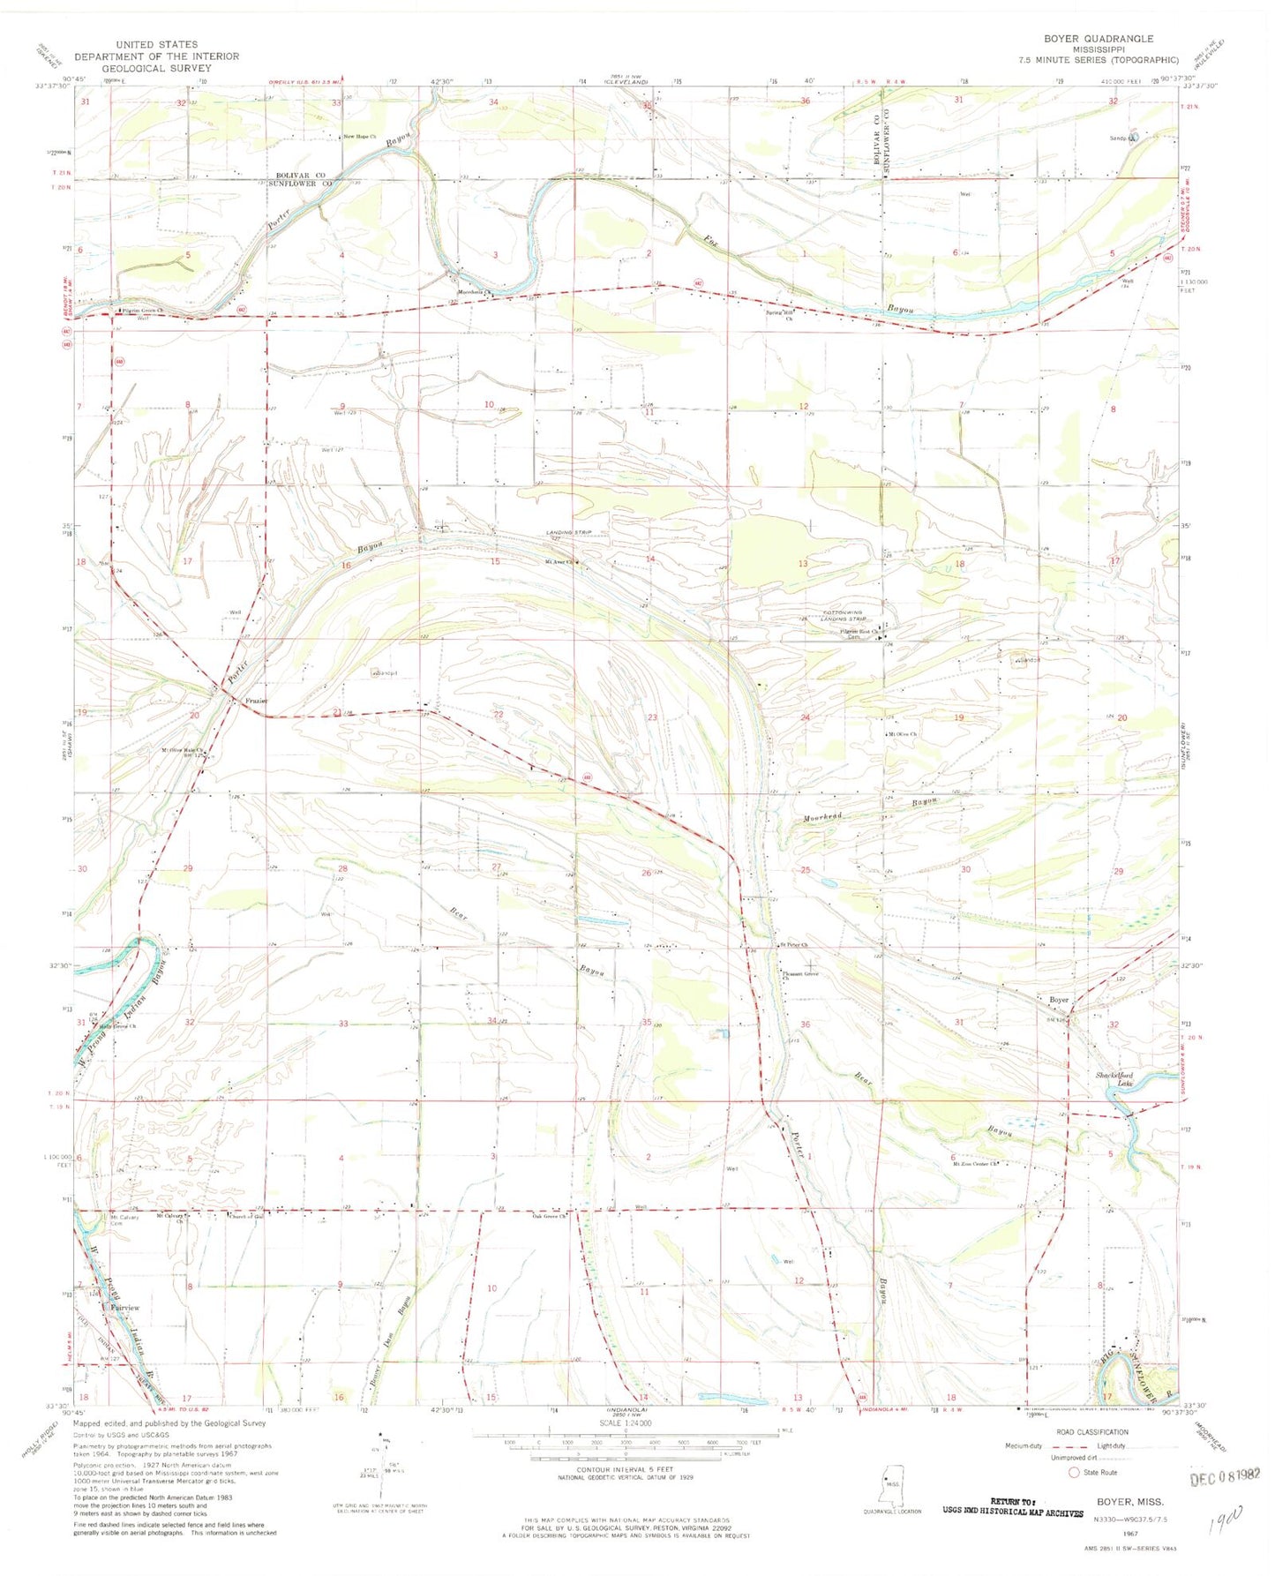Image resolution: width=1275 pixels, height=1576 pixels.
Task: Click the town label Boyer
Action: coord(1059,1000)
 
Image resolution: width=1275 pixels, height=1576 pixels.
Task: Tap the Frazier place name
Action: coord(257,702)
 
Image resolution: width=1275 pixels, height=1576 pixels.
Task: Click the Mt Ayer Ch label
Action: coord(559,562)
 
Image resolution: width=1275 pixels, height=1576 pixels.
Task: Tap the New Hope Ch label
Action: coord(360,137)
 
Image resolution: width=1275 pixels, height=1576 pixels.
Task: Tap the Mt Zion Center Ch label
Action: coord(974,1164)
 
